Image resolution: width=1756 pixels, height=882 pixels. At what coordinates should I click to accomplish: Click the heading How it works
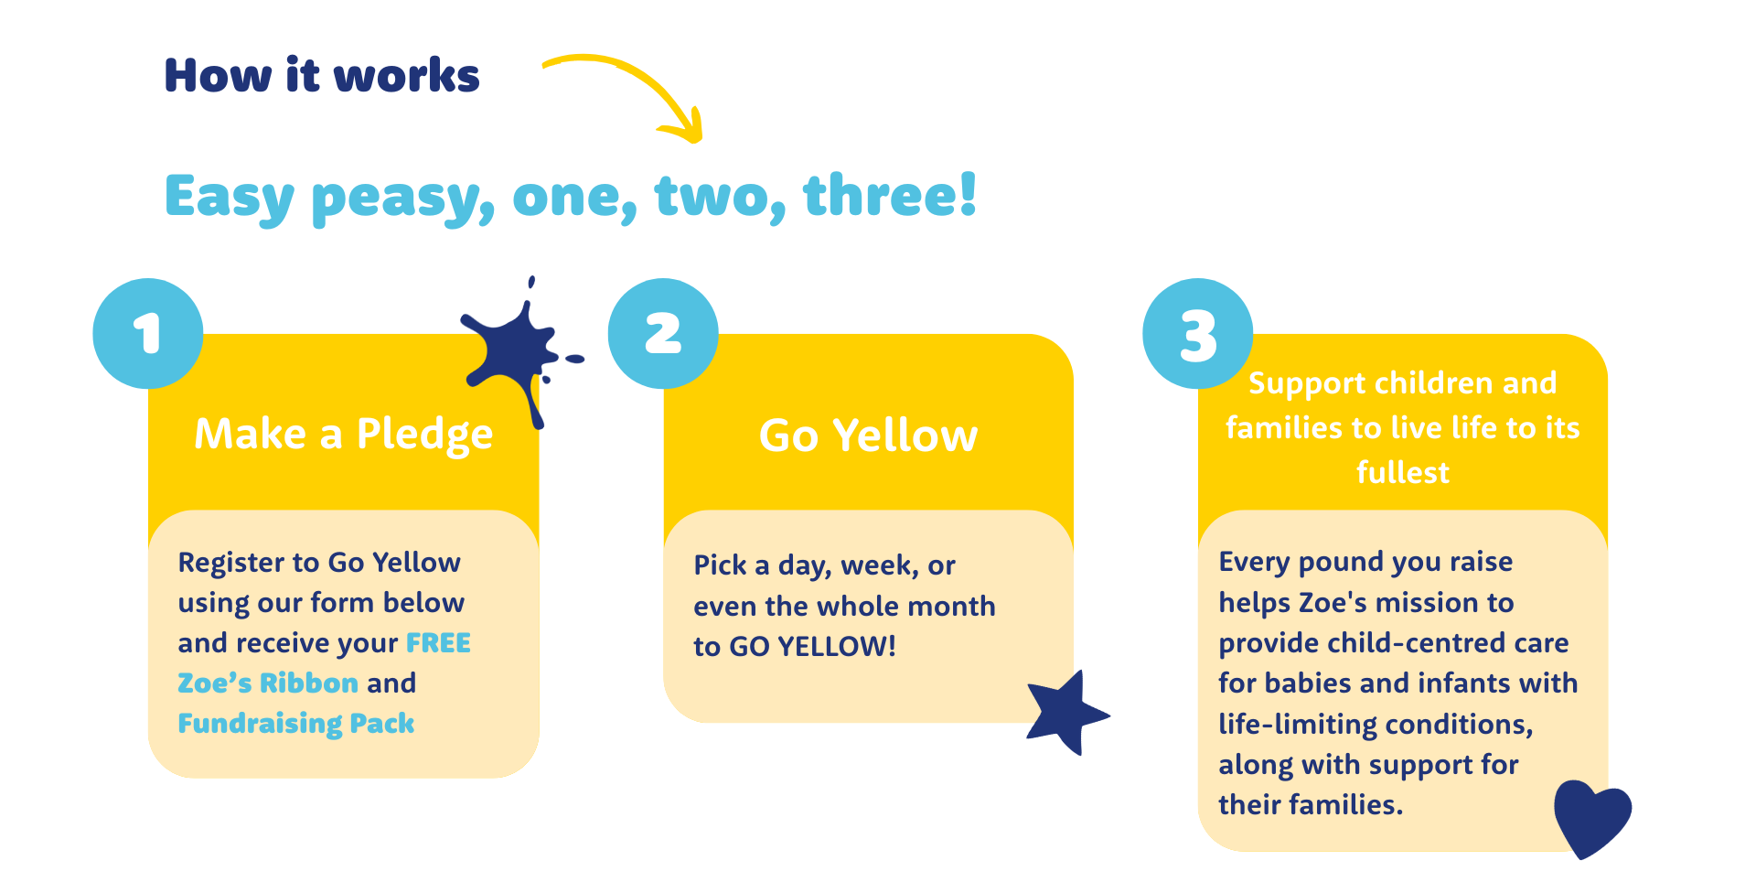point(322,75)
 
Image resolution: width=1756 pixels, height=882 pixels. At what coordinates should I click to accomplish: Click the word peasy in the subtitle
point(402,198)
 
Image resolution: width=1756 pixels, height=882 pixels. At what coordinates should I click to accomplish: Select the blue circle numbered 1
point(148,333)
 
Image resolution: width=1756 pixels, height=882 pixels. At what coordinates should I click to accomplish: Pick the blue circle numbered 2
point(663,333)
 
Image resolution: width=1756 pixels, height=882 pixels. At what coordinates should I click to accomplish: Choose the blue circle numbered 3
point(1198,333)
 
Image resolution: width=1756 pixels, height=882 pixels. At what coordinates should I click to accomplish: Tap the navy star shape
point(1066,713)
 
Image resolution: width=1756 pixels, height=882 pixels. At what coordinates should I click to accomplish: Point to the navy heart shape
point(1592,817)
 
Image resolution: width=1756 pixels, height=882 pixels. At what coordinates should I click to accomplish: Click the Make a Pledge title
point(344,434)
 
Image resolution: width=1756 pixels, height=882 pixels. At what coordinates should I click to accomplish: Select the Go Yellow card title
point(869,435)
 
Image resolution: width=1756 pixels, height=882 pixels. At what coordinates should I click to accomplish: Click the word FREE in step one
point(438,642)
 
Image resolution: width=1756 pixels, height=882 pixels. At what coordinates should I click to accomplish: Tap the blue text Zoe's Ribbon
point(268,683)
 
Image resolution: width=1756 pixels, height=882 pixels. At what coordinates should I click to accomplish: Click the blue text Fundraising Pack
point(296,724)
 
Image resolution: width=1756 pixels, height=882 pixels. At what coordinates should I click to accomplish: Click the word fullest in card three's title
point(1403,472)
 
